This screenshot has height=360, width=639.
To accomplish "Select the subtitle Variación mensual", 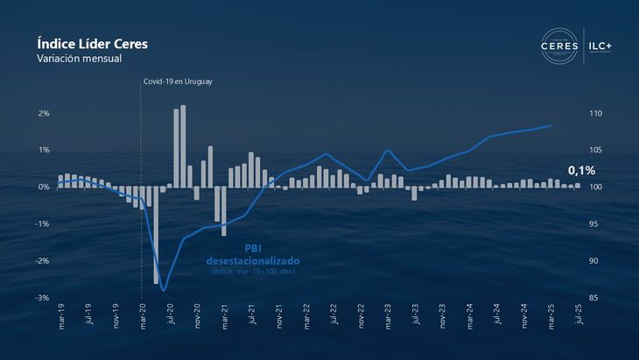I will (x=79, y=59).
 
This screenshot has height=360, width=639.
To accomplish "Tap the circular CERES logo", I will (x=560, y=46).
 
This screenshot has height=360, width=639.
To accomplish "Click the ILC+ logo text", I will (x=607, y=45).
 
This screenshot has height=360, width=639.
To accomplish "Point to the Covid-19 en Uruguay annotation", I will (x=179, y=81).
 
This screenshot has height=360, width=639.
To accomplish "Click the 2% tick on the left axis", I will (x=43, y=113).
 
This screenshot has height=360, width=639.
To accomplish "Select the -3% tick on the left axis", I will (x=41, y=298).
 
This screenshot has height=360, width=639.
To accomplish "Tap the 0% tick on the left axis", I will (x=43, y=187).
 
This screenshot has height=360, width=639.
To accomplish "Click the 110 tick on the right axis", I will (x=596, y=113).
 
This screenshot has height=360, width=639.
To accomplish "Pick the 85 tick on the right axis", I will (x=593, y=298).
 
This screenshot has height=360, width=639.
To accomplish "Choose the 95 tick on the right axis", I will (x=593, y=224).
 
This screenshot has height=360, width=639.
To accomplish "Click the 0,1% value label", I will (x=581, y=170).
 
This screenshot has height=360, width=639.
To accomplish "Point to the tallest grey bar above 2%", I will (x=183, y=145).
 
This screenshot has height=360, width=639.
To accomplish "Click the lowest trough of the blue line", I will (x=163, y=290).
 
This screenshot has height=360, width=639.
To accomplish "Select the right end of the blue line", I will (x=551, y=125).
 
